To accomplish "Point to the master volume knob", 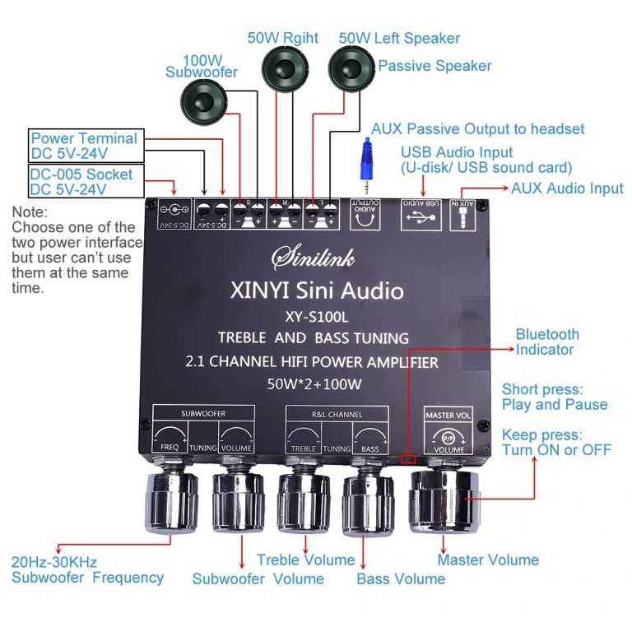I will [x=444, y=500].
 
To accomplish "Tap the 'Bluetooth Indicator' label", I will [x=547, y=342].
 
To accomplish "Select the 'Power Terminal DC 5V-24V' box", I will [x=85, y=146].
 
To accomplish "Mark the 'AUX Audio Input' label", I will [x=567, y=188].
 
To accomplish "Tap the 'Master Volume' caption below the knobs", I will [x=488, y=560].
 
